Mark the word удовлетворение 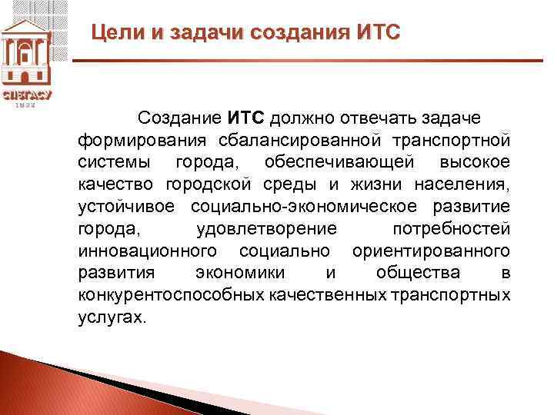tap(267, 230)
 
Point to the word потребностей tap(450, 230)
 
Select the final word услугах tap(112, 318)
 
